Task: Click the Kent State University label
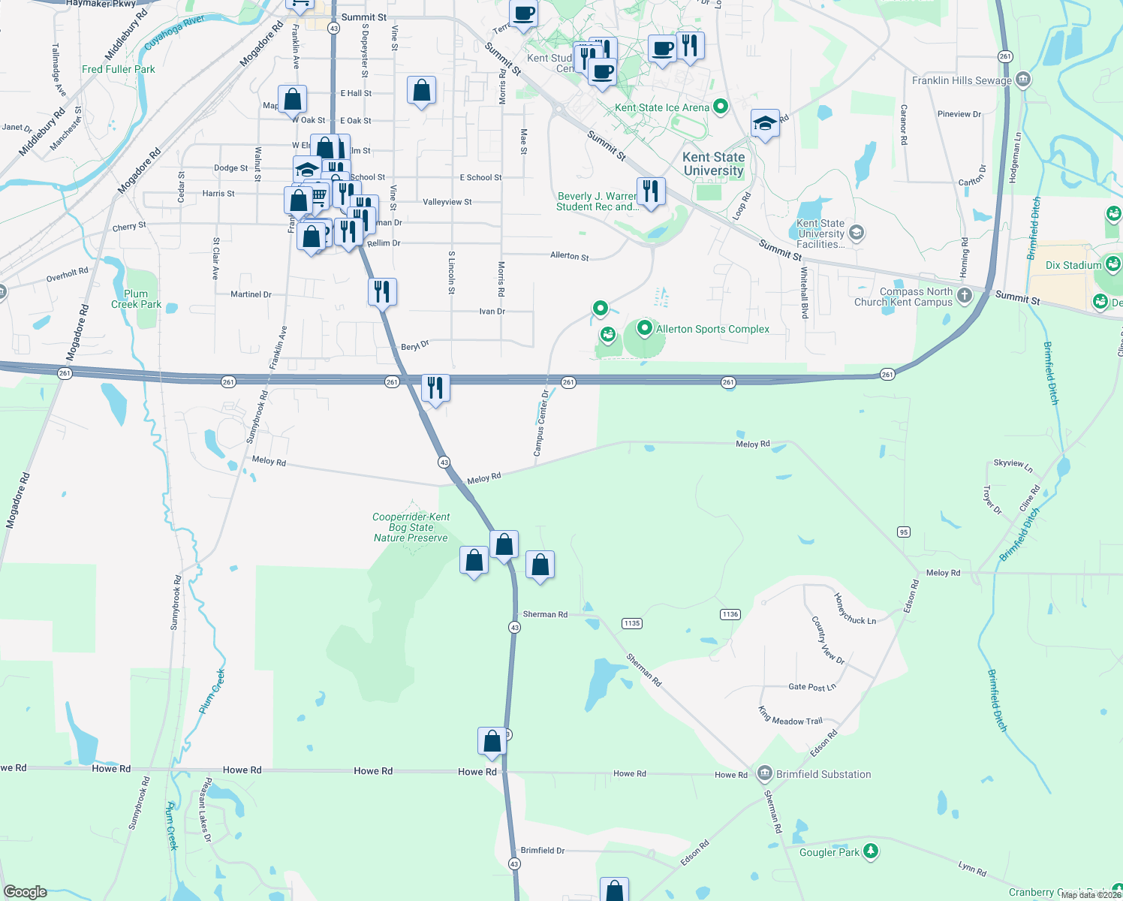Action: (714, 164)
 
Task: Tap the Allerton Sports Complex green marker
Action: (644, 329)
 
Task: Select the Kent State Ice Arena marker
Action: (721, 107)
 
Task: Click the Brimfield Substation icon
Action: (765, 773)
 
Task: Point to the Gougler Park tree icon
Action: (870, 851)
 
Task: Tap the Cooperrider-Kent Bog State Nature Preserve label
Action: (411, 527)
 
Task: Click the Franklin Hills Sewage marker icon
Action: (1022, 80)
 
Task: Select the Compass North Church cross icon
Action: (965, 296)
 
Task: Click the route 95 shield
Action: (904, 532)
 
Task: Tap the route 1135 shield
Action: (632, 623)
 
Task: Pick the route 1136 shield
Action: (730, 614)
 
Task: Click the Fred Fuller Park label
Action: (119, 69)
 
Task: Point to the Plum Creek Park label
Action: (136, 299)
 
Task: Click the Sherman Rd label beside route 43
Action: (545, 614)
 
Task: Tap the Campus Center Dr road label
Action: (541, 423)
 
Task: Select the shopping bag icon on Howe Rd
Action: (492, 742)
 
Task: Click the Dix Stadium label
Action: (1073, 265)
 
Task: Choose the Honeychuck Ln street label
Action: (855, 609)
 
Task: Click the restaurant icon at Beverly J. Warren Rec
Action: (651, 192)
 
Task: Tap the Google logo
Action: (25, 892)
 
